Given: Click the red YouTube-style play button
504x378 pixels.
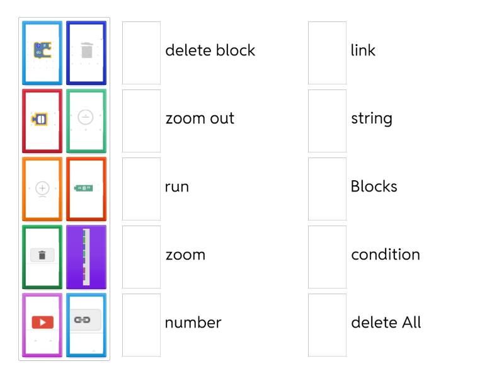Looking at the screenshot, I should point(42,322).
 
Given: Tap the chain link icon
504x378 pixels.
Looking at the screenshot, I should point(86,320).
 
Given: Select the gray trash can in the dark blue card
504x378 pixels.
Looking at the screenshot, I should point(86,50).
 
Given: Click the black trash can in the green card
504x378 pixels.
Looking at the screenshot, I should point(42,255).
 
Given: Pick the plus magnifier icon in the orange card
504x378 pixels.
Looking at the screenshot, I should point(42,188).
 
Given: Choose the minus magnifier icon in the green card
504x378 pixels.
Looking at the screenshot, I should point(86,117).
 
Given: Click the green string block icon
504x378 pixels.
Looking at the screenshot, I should point(85,188).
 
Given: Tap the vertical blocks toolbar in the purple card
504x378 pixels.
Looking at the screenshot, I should point(86,256).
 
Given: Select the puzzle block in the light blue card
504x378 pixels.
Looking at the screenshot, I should point(42,50).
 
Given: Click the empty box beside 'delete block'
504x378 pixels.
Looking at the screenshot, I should point(141,53).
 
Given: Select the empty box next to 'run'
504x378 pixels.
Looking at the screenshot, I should point(141,189).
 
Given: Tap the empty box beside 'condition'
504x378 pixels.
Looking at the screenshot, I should point(327,257).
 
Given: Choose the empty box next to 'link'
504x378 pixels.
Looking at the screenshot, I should point(327,53).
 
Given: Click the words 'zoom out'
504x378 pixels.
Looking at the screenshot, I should point(200,118).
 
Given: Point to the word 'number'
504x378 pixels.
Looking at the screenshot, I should point(193,323).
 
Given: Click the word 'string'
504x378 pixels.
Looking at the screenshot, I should point(371,118).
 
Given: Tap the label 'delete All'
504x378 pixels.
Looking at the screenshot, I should point(386,323).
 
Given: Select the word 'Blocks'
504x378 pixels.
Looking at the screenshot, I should point(374,186).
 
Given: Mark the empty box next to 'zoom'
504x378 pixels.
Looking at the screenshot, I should point(141,257).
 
